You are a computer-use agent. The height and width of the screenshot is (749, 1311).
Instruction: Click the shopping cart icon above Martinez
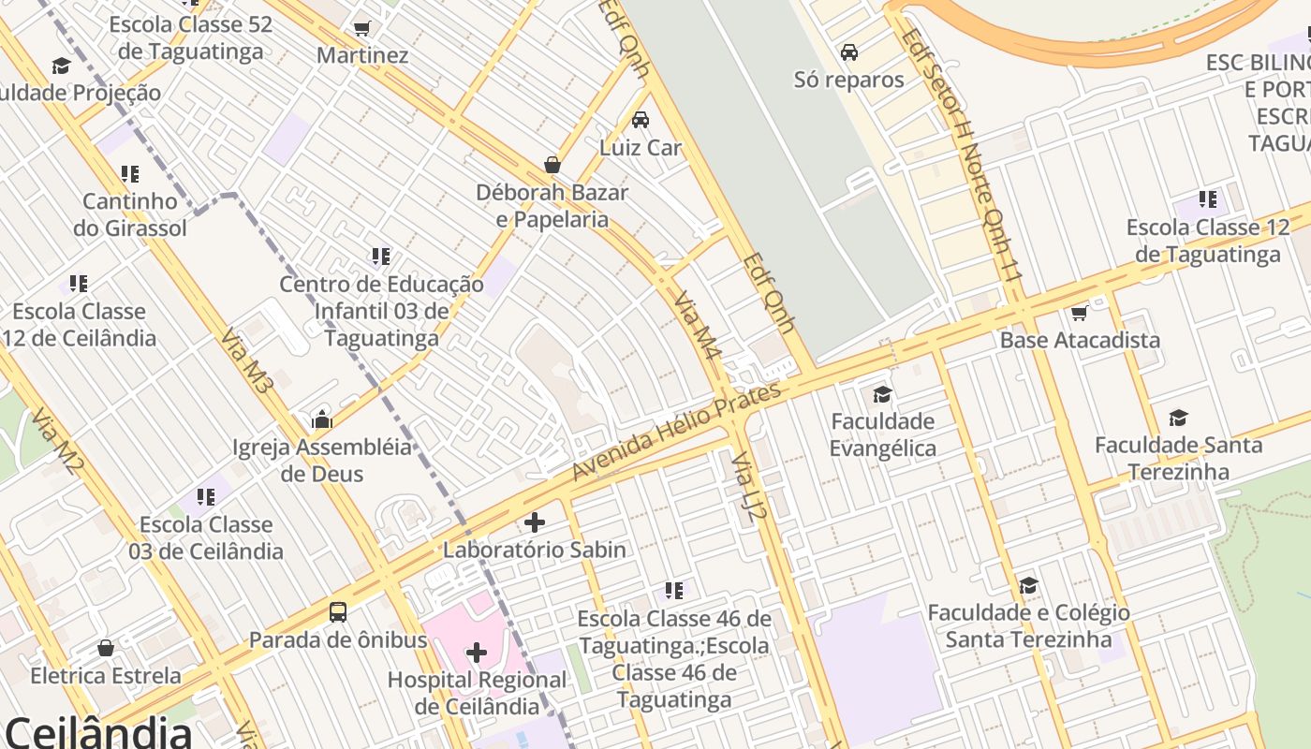pyautogui.click(x=362, y=28)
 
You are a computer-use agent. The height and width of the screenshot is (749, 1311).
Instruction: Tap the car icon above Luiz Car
pyautogui.click(x=641, y=120)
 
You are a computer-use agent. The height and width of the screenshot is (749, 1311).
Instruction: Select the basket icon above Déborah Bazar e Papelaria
pyautogui.click(x=552, y=165)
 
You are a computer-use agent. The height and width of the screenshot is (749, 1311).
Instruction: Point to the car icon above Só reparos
pyautogui.click(x=849, y=52)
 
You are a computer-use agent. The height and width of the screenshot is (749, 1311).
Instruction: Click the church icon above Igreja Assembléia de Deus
pyautogui.click(x=322, y=419)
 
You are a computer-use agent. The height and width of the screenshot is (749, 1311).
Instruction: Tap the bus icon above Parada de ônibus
pyautogui.click(x=338, y=612)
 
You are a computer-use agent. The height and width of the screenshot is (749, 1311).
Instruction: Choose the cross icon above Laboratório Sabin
pyautogui.click(x=535, y=521)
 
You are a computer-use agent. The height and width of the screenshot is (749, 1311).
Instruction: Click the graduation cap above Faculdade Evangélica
pyautogui.click(x=882, y=394)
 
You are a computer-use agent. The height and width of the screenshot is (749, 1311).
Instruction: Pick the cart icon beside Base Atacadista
pyautogui.click(x=1079, y=314)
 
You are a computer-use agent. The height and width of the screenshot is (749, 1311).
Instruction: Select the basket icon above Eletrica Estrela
pyautogui.click(x=106, y=648)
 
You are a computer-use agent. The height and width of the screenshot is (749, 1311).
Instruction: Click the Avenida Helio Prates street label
pyautogui.click(x=675, y=432)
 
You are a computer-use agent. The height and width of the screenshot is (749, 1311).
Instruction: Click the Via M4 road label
pyautogui.click(x=699, y=326)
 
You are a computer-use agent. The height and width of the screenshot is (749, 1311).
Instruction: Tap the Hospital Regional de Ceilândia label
pyautogui.click(x=477, y=693)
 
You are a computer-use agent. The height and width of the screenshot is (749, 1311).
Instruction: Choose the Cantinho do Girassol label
pyautogui.click(x=130, y=214)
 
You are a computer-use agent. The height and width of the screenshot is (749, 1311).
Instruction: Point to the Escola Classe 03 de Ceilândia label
pyautogui.click(x=206, y=537)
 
